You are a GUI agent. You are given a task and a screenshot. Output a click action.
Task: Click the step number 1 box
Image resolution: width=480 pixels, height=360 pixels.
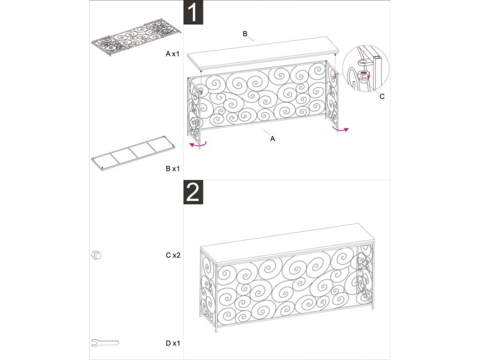tap(193, 12)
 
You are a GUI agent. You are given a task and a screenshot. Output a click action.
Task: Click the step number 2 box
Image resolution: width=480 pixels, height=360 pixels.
tap(193, 192)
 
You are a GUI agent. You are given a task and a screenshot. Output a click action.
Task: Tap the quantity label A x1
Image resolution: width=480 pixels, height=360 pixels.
tap(172, 54)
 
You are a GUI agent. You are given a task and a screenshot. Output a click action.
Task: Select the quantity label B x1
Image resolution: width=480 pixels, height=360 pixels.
tap(172, 168)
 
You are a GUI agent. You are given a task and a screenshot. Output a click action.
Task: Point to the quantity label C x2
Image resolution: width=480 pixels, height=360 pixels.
tap(173, 255)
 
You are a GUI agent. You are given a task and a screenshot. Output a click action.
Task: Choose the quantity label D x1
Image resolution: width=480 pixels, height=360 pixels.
tap(173, 343)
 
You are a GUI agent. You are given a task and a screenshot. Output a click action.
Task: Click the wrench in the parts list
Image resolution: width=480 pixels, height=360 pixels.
tap(105, 343)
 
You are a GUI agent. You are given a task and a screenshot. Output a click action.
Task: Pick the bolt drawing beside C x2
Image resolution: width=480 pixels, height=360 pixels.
tap(96, 255)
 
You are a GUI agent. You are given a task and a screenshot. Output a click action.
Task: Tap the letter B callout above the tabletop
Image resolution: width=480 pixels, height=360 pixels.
tap(245, 34)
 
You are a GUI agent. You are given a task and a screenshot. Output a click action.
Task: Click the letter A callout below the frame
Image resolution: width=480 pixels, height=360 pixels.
tap(272, 139)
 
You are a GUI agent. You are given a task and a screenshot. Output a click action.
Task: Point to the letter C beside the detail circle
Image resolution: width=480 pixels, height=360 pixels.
tap(382, 97)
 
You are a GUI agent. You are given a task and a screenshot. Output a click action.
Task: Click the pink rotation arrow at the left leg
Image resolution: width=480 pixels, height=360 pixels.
tap(198, 144)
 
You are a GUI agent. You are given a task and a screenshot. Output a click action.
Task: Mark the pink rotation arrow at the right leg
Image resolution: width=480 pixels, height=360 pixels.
tap(340, 130)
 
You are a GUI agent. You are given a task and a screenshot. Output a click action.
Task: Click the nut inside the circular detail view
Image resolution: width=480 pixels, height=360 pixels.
tap(364, 75)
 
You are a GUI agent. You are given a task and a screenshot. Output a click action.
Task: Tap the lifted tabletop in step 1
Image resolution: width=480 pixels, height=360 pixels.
tap(264, 53)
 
